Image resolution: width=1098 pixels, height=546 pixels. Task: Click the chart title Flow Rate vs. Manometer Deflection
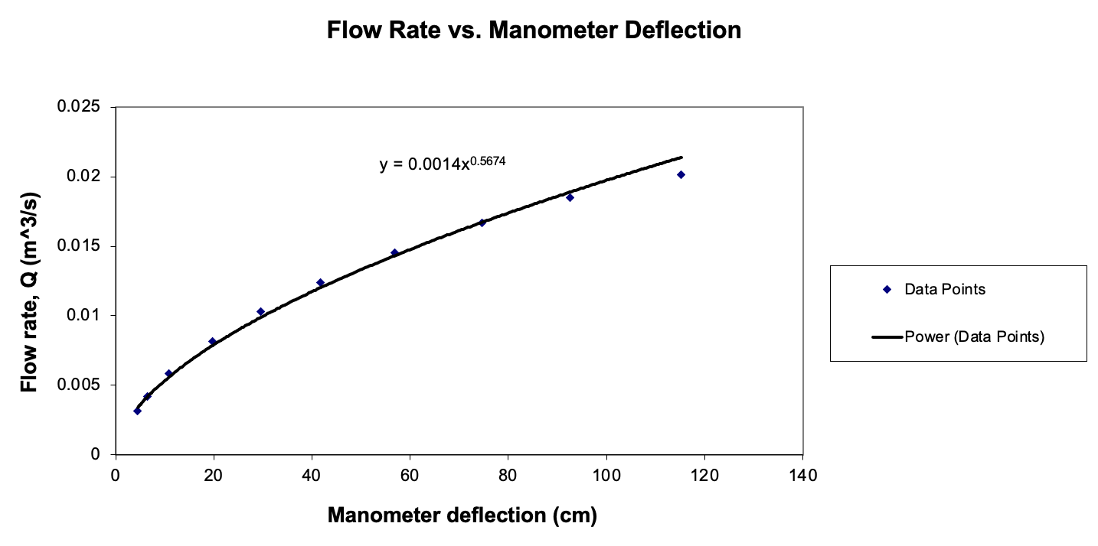[x=534, y=30]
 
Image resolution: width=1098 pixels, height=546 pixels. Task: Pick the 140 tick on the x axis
[x=802, y=475]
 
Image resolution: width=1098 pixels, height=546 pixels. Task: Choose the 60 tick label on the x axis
[x=410, y=475]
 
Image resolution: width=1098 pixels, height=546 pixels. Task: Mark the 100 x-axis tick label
[x=606, y=475]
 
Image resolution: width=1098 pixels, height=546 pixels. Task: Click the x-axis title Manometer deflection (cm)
[x=462, y=515]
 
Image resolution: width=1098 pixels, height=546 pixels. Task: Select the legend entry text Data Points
[x=944, y=290]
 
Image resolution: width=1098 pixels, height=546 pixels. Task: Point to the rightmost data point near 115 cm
[x=681, y=175]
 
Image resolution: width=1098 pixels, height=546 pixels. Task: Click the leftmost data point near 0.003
[x=137, y=411]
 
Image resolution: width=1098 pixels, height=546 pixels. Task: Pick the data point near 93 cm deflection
[x=570, y=197]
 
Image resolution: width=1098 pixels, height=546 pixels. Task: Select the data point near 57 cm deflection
[x=394, y=252]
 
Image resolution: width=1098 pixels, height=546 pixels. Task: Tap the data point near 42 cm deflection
[x=320, y=283]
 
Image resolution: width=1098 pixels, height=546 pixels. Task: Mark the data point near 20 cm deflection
[x=212, y=341]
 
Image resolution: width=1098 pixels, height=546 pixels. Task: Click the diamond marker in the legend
[x=887, y=290]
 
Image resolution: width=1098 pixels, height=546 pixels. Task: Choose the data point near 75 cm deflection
[x=482, y=223]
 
